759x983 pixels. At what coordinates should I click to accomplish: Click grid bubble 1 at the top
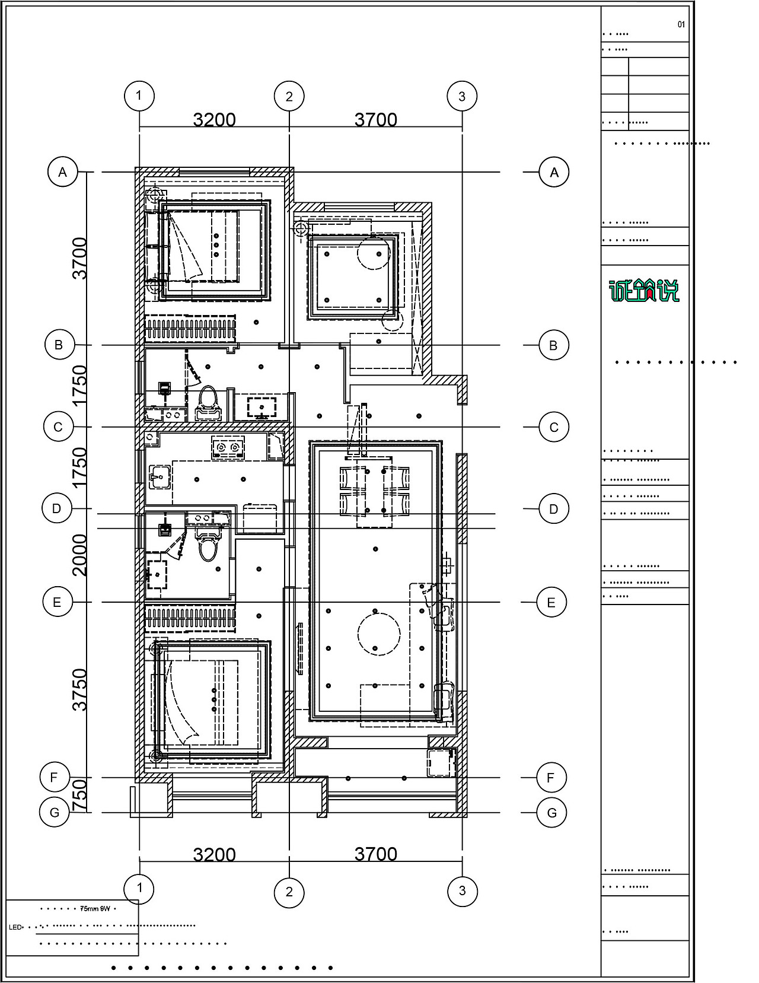coord(139,96)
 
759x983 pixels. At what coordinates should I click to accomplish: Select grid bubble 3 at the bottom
coord(463,890)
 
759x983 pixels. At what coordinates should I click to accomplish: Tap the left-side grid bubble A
coord(63,172)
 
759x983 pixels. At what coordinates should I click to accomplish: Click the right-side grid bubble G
coord(551,813)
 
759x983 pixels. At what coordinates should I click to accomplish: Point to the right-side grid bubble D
coord(554,509)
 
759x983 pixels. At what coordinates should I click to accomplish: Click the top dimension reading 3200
coord(215,120)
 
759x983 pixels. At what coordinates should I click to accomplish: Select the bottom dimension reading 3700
coord(376,854)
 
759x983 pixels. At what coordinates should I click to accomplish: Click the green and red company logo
coord(645,291)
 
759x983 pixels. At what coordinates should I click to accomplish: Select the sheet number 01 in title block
coord(681,25)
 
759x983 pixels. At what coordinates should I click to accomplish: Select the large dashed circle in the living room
coord(376,634)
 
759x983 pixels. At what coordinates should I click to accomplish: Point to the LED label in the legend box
coord(15,927)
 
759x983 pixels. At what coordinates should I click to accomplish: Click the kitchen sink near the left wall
coord(160,476)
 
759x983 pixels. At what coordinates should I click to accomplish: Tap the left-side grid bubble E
coord(58,603)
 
